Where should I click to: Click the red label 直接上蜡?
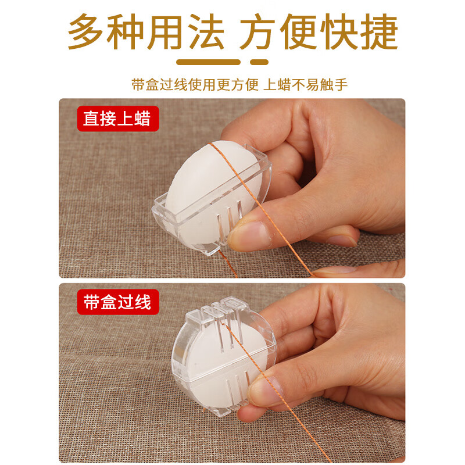click(117, 119)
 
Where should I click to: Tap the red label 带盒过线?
click(117, 302)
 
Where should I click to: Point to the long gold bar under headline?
click(209, 62)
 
